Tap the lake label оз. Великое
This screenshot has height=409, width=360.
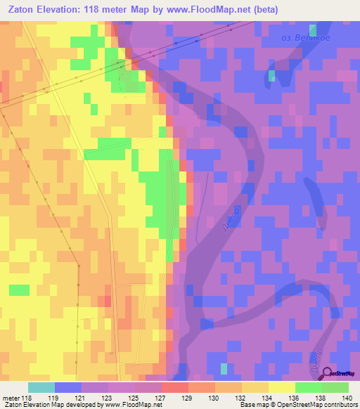[x=304, y=37]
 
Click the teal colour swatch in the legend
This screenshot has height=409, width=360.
[x=41, y=387]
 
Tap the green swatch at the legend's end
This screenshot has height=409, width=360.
[x=335, y=387]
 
